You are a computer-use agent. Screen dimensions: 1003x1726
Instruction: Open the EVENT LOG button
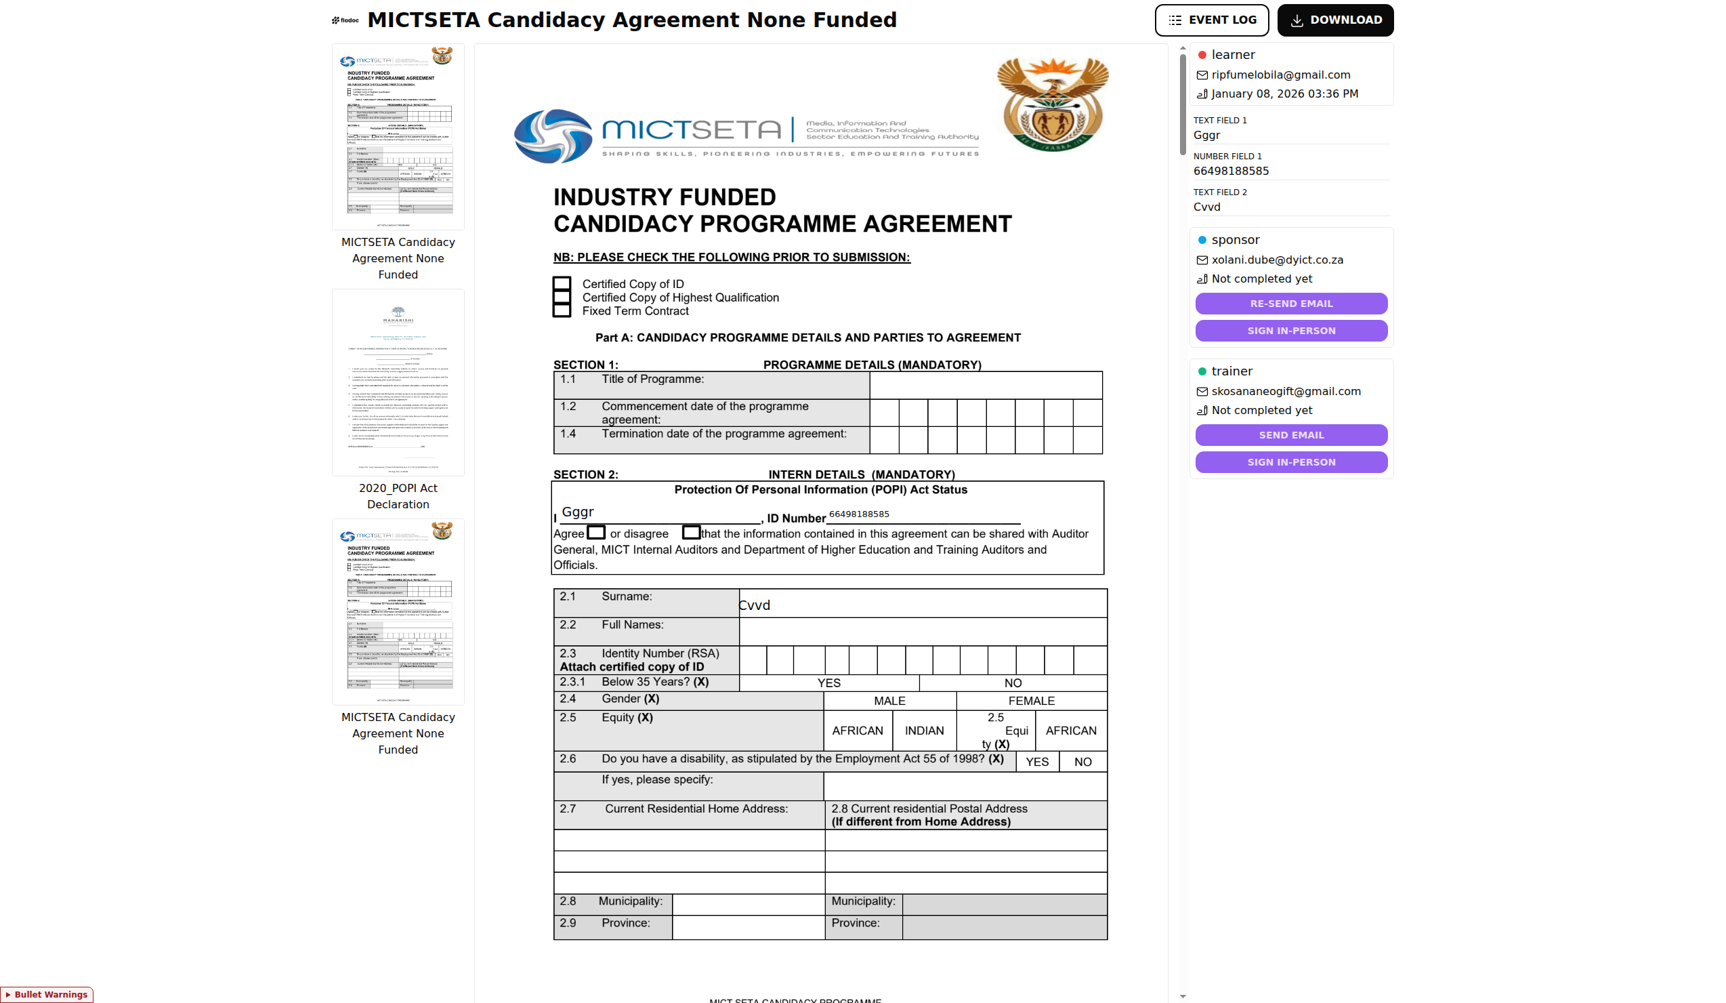[x=1211, y=20]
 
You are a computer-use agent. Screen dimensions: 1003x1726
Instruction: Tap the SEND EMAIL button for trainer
[x=1290, y=435]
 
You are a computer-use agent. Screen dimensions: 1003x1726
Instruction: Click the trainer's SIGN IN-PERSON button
[x=1290, y=462]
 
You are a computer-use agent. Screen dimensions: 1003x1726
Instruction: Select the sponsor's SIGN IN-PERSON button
[x=1290, y=331]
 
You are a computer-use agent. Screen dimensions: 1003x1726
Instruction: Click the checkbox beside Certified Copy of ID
[x=562, y=284]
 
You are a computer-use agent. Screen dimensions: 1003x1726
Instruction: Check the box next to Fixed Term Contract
[x=562, y=310]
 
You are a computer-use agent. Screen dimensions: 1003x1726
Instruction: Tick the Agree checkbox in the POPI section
[x=596, y=532]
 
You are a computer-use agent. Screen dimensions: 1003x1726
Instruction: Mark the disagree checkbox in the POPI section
[x=690, y=532]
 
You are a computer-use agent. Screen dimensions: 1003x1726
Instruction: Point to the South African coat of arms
[x=1052, y=104]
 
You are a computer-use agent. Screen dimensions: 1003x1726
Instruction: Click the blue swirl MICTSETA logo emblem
[x=553, y=136]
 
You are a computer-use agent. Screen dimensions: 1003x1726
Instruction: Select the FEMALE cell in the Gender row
[x=1031, y=701]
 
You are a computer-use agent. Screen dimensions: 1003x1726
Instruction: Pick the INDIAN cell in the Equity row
[x=924, y=731]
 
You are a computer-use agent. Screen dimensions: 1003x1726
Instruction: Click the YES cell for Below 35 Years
[x=828, y=683]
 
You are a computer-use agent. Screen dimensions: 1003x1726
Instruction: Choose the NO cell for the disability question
[x=1082, y=762]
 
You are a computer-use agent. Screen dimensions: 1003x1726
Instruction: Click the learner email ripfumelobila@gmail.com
[x=1280, y=75]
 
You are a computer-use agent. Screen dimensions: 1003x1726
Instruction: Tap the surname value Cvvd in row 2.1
[x=755, y=605]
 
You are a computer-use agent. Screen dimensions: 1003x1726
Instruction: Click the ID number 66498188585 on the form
[x=859, y=514]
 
